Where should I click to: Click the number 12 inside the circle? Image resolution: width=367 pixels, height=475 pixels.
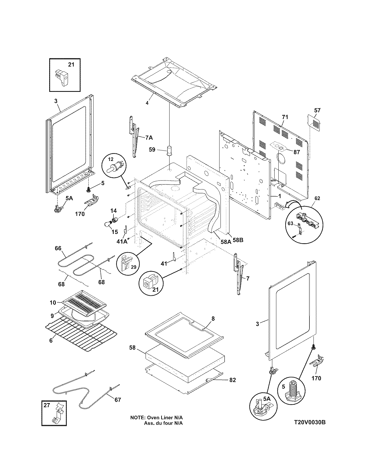(111, 159)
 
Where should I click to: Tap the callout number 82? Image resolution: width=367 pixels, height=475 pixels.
(233, 380)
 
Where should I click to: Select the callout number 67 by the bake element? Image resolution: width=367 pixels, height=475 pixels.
(117, 400)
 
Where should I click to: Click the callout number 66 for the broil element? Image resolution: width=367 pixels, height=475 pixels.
(58, 248)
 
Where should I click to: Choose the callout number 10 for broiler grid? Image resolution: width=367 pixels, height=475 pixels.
(53, 303)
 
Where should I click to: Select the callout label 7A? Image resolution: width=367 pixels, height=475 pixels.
(149, 138)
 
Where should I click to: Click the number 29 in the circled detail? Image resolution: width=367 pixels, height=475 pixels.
(134, 267)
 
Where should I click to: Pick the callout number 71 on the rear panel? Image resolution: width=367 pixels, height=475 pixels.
(285, 117)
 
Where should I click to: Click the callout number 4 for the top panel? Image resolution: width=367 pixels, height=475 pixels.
(147, 103)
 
